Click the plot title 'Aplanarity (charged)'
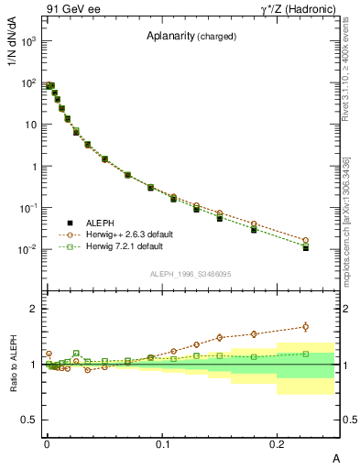coord(191,37)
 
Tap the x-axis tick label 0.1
coord(163,442)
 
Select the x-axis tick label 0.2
coord(278,442)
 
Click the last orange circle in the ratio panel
coord(306,326)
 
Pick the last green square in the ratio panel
coord(306,354)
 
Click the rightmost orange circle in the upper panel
coord(306,240)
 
